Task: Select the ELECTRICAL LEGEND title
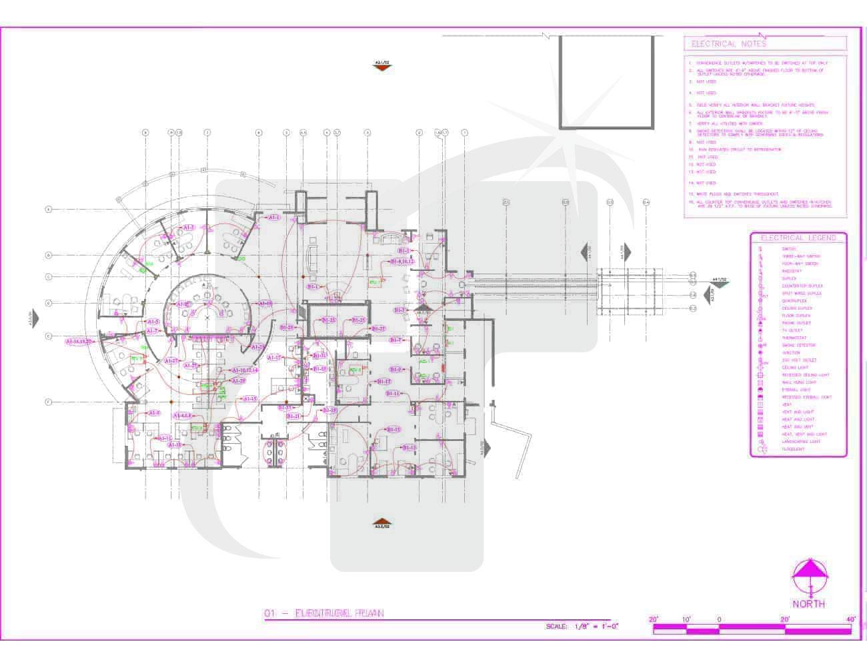[798, 238]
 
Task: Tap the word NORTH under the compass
[808, 604]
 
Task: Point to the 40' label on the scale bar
[850, 620]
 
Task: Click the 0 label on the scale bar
[719, 620]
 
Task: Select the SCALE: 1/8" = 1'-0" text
[582, 627]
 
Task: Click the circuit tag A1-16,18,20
[79, 342]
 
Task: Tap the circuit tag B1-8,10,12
[403, 262]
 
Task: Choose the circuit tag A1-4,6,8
[183, 415]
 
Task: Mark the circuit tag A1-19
[265, 304]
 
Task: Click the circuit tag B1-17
[383, 382]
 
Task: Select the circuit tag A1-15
[249, 399]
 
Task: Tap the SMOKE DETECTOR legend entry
[798, 345]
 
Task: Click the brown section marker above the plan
[382, 65]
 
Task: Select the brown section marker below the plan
[381, 523]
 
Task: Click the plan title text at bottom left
[324, 613]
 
